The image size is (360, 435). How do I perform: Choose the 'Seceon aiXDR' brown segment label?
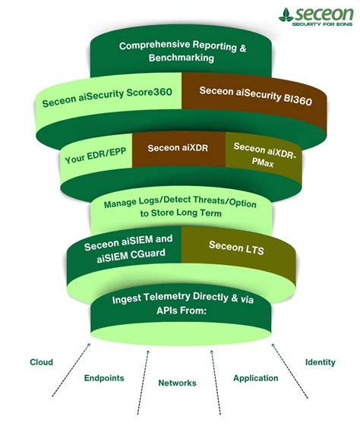coord(178,148)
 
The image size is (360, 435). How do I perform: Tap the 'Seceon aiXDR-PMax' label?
coord(263,156)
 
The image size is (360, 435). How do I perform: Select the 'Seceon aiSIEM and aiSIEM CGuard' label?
coord(129,250)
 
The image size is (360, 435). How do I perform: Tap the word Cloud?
coord(41,362)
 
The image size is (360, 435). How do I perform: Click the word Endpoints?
coord(104,377)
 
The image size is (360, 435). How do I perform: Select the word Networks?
coord(177,383)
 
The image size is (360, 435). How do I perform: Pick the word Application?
coord(255,377)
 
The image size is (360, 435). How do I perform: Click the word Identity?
coord(320,362)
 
